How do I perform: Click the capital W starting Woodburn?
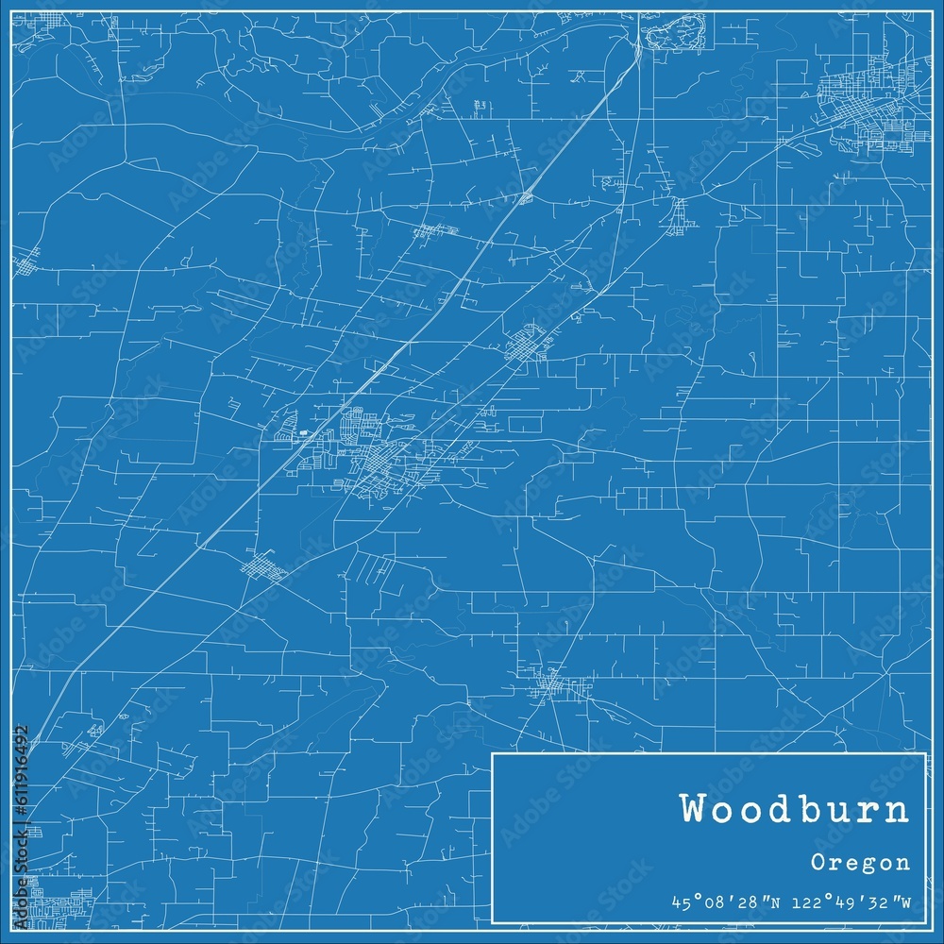(x=694, y=811)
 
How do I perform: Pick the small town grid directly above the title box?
(x=552, y=685)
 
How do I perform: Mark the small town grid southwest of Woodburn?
(x=263, y=567)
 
